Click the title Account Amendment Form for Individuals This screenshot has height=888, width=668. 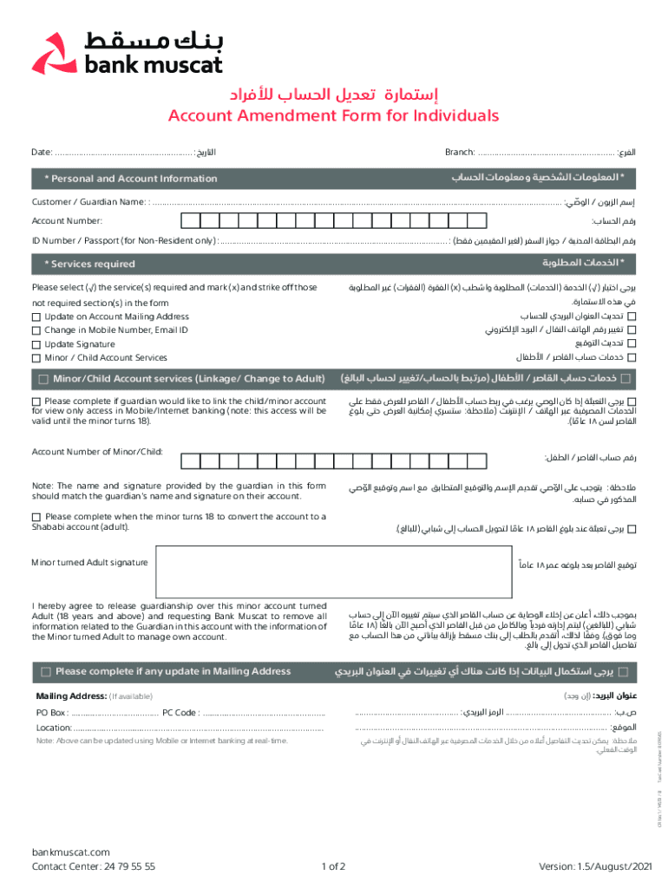334,116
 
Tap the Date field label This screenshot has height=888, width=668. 42,153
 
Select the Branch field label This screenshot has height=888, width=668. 459,153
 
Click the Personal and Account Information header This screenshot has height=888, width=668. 130,179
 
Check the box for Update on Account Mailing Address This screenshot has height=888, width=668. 36,317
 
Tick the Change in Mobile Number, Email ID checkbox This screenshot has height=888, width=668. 36,330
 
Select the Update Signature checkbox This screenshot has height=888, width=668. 36,344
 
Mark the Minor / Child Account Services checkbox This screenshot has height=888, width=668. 36,358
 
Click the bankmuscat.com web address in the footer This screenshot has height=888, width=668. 70,852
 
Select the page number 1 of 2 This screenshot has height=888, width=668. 334,865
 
